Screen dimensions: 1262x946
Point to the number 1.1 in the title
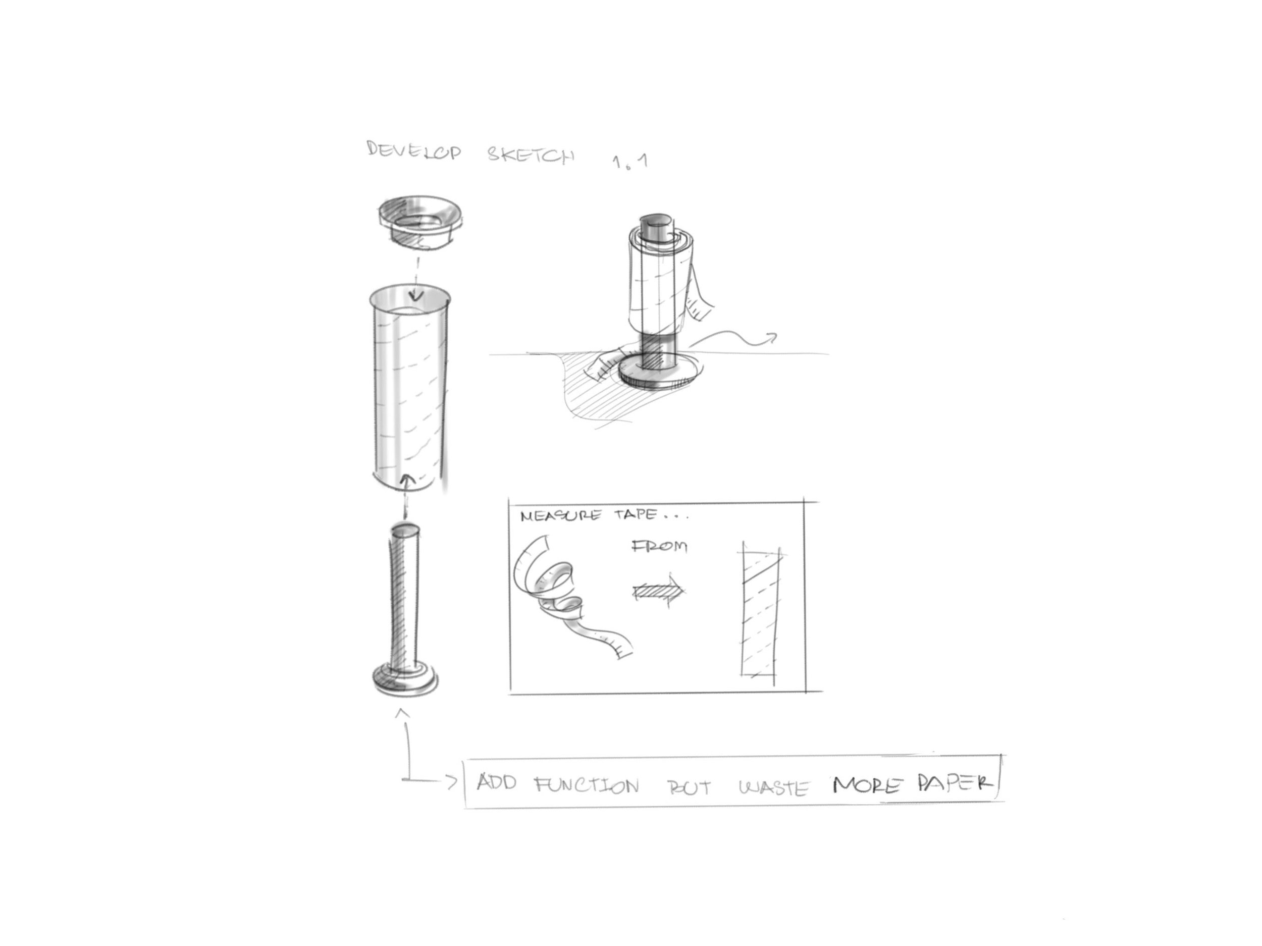click(630, 162)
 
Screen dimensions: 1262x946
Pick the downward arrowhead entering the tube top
click(417, 295)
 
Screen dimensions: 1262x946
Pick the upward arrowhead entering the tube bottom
click(406, 479)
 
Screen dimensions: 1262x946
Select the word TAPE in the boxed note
click(635, 515)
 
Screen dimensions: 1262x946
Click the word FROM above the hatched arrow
click(660, 547)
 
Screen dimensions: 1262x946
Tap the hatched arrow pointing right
click(658, 592)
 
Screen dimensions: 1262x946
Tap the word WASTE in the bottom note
click(774, 787)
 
